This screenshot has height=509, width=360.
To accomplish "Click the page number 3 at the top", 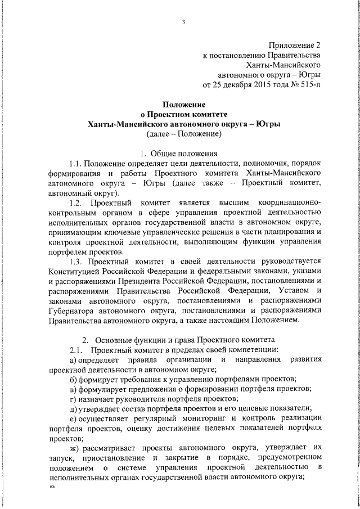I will click(x=184, y=22).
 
